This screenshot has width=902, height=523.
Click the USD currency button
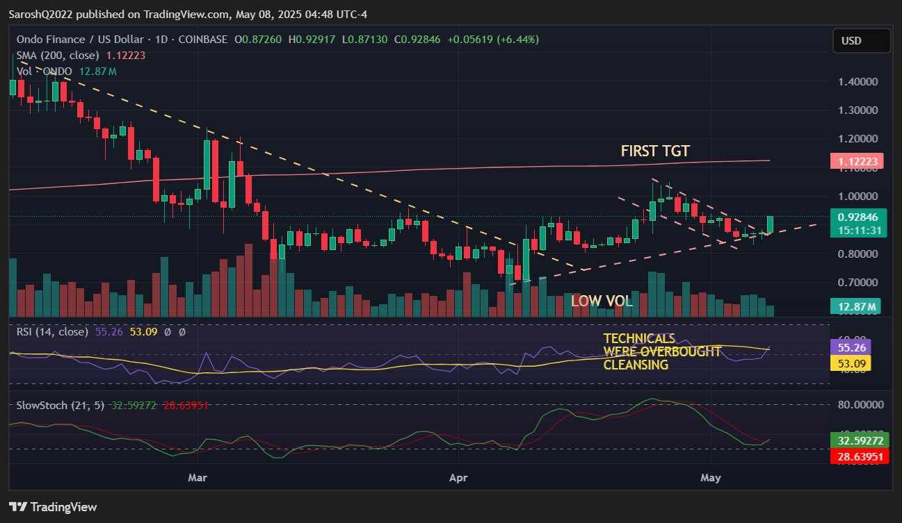(x=861, y=41)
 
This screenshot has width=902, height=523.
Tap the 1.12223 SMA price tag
(x=861, y=162)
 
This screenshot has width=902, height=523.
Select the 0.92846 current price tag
(x=861, y=217)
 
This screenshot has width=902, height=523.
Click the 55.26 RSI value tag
(x=851, y=347)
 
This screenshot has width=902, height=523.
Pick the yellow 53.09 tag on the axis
(x=851, y=363)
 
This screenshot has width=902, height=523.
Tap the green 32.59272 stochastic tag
(x=861, y=440)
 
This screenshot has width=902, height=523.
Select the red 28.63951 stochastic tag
(x=861, y=456)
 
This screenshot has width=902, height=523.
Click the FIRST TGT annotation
(x=655, y=151)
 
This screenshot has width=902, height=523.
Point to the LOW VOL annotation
(x=602, y=301)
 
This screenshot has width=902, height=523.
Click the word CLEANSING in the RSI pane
(x=636, y=365)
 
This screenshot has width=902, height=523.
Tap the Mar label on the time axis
(x=198, y=478)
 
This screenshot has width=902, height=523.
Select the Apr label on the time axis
(x=458, y=478)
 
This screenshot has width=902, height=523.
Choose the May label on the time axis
(x=711, y=478)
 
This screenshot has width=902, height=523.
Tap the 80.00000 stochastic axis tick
(x=858, y=404)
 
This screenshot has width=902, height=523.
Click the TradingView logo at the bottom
(x=53, y=507)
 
